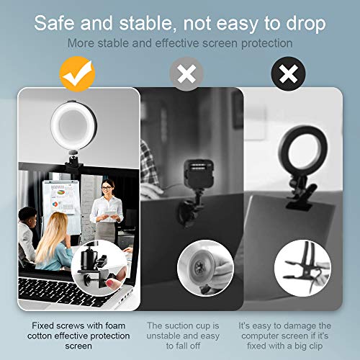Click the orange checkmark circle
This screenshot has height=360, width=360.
(78, 71)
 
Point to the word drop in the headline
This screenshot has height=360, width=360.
(305, 22)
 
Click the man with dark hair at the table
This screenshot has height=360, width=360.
(27, 223)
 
